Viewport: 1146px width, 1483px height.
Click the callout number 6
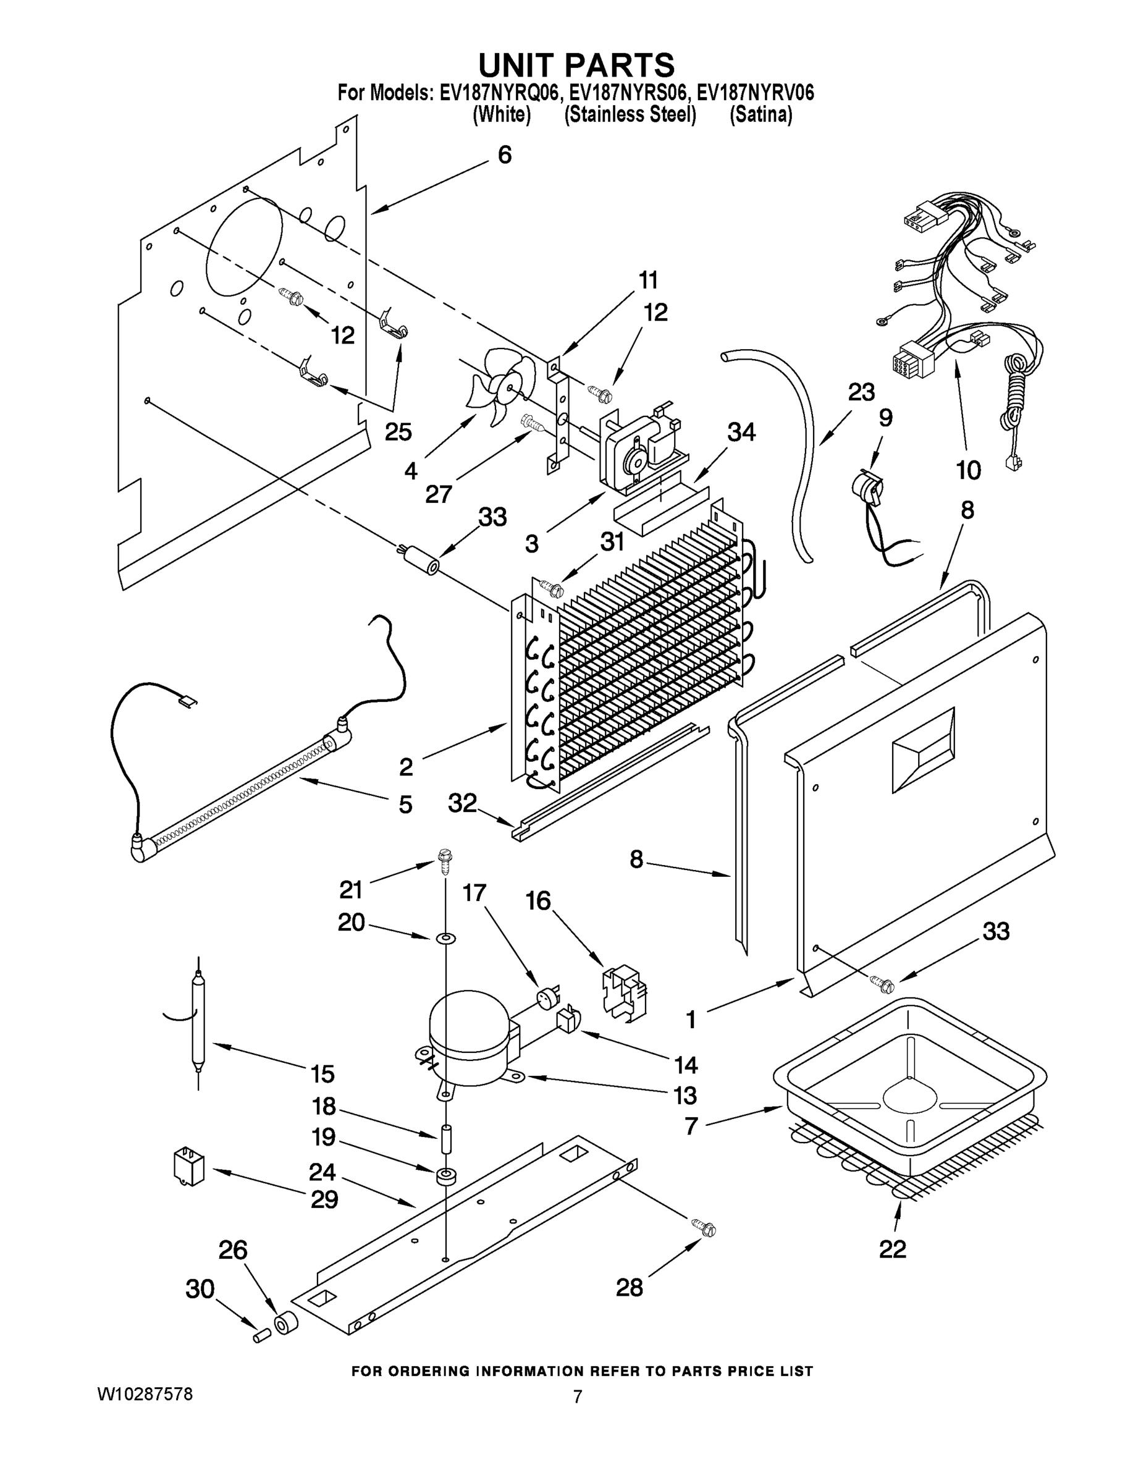pos(505,155)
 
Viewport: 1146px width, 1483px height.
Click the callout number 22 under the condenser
pos(892,1249)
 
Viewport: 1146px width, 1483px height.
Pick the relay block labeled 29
pos(190,1166)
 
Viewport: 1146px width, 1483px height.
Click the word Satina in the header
pos(760,115)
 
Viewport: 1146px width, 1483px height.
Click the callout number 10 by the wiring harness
pos(968,470)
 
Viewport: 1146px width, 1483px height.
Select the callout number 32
pos(462,803)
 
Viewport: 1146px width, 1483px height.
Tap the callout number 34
pos(741,432)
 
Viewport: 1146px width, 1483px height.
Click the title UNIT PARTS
pos(576,64)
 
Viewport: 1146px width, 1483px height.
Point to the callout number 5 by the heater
pos(405,805)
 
